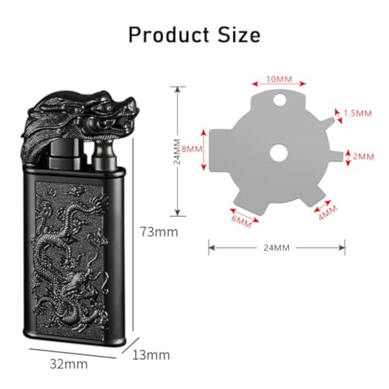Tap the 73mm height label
tap(159, 232)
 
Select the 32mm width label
tap(68, 364)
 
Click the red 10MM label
tap(279, 79)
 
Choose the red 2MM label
tap(364, 157)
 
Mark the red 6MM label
tap(241, 221)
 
